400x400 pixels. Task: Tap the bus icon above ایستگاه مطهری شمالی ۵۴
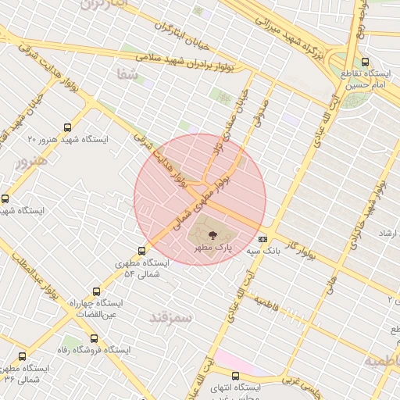(x=141, y=251)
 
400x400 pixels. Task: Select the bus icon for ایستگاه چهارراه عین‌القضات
(x=96, y=289)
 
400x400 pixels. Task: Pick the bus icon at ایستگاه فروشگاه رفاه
(x=94, y=339)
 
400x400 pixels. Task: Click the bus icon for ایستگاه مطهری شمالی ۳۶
(x=22, y=356)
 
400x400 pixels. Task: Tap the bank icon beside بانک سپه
(x=262, y=239)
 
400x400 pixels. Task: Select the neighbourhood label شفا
(x=125, y=76)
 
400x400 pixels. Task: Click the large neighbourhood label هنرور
(x=31, y=160)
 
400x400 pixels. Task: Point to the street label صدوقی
(x=262, y=109)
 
